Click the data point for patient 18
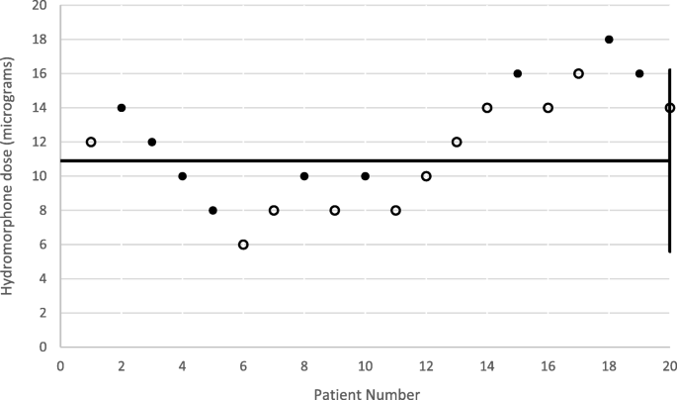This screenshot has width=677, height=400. [609, 40]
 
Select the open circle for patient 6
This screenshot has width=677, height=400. [243, 245]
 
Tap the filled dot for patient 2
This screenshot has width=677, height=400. [122, 108]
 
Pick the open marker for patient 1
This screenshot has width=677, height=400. [91, 142]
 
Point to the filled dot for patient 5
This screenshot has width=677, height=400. [212, 210]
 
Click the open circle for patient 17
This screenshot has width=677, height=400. [578, 73]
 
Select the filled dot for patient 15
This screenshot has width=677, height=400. [517, 73]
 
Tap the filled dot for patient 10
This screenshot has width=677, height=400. [365, 176]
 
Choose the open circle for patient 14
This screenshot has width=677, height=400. [487, 108]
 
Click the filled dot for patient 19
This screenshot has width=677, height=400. [639, 73]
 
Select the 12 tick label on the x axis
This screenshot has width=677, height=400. [426, 363]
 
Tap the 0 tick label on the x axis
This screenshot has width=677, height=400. [60, 363]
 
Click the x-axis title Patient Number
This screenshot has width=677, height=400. [366, 392]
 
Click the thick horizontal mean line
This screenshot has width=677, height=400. [296, 160]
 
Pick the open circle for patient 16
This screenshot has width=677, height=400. [548, 108]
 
